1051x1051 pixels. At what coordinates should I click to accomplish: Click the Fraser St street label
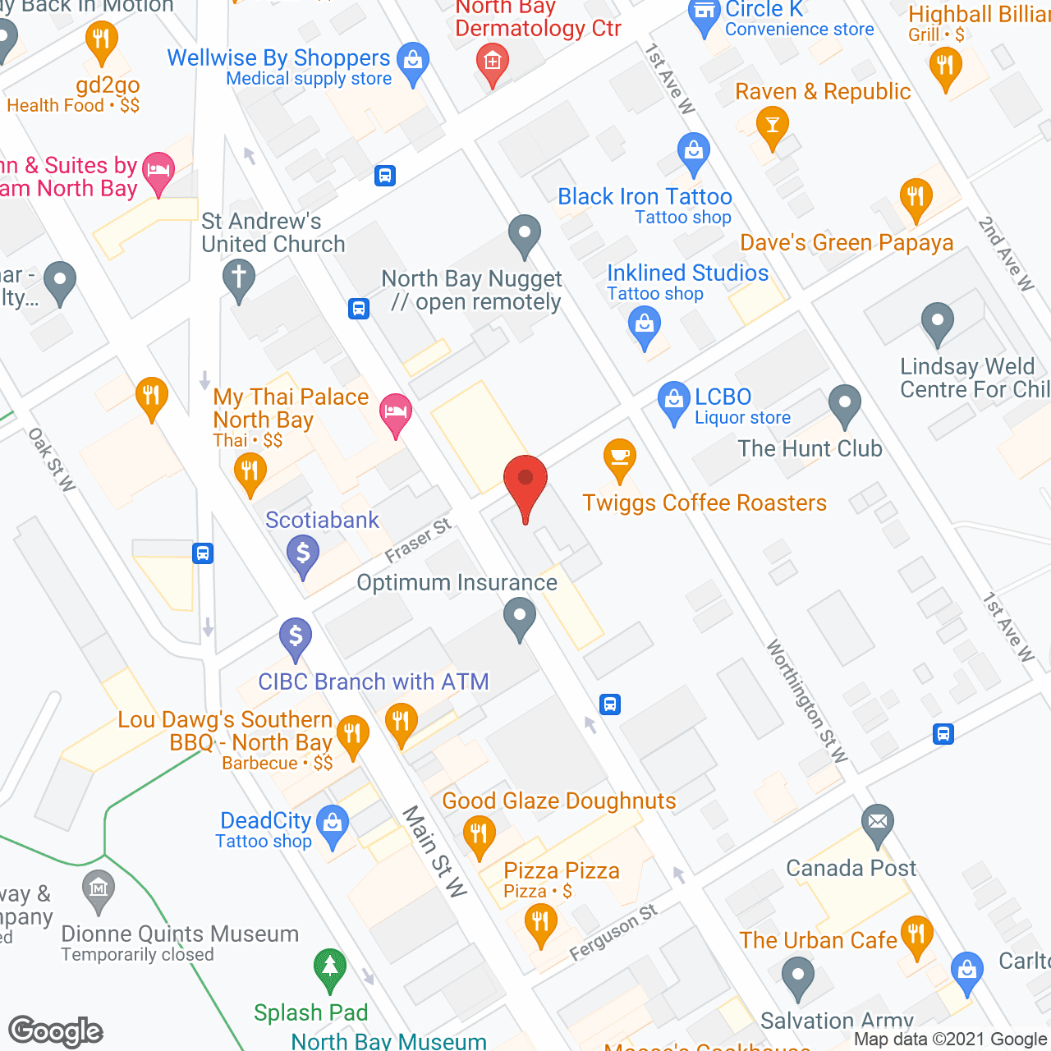pyautogui.click(x=418, y=539)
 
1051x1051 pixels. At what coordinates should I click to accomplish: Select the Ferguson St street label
pyautogui.click(x=613, y=931)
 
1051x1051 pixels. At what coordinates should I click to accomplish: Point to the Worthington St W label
pyautogui.click(x=807, y=701)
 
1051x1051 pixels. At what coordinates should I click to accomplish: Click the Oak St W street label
pyautogui.click(x=52, y=459)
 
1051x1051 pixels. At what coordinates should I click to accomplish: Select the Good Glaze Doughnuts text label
pyautogui.click(x=559, y=801)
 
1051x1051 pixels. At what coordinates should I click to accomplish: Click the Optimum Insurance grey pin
pyautogui.click(x=519, y=617)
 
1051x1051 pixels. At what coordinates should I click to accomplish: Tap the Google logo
pyautogui.click(x=56, y=1031)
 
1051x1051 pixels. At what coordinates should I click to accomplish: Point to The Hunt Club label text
pyautogui.click(x=810, y=449)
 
